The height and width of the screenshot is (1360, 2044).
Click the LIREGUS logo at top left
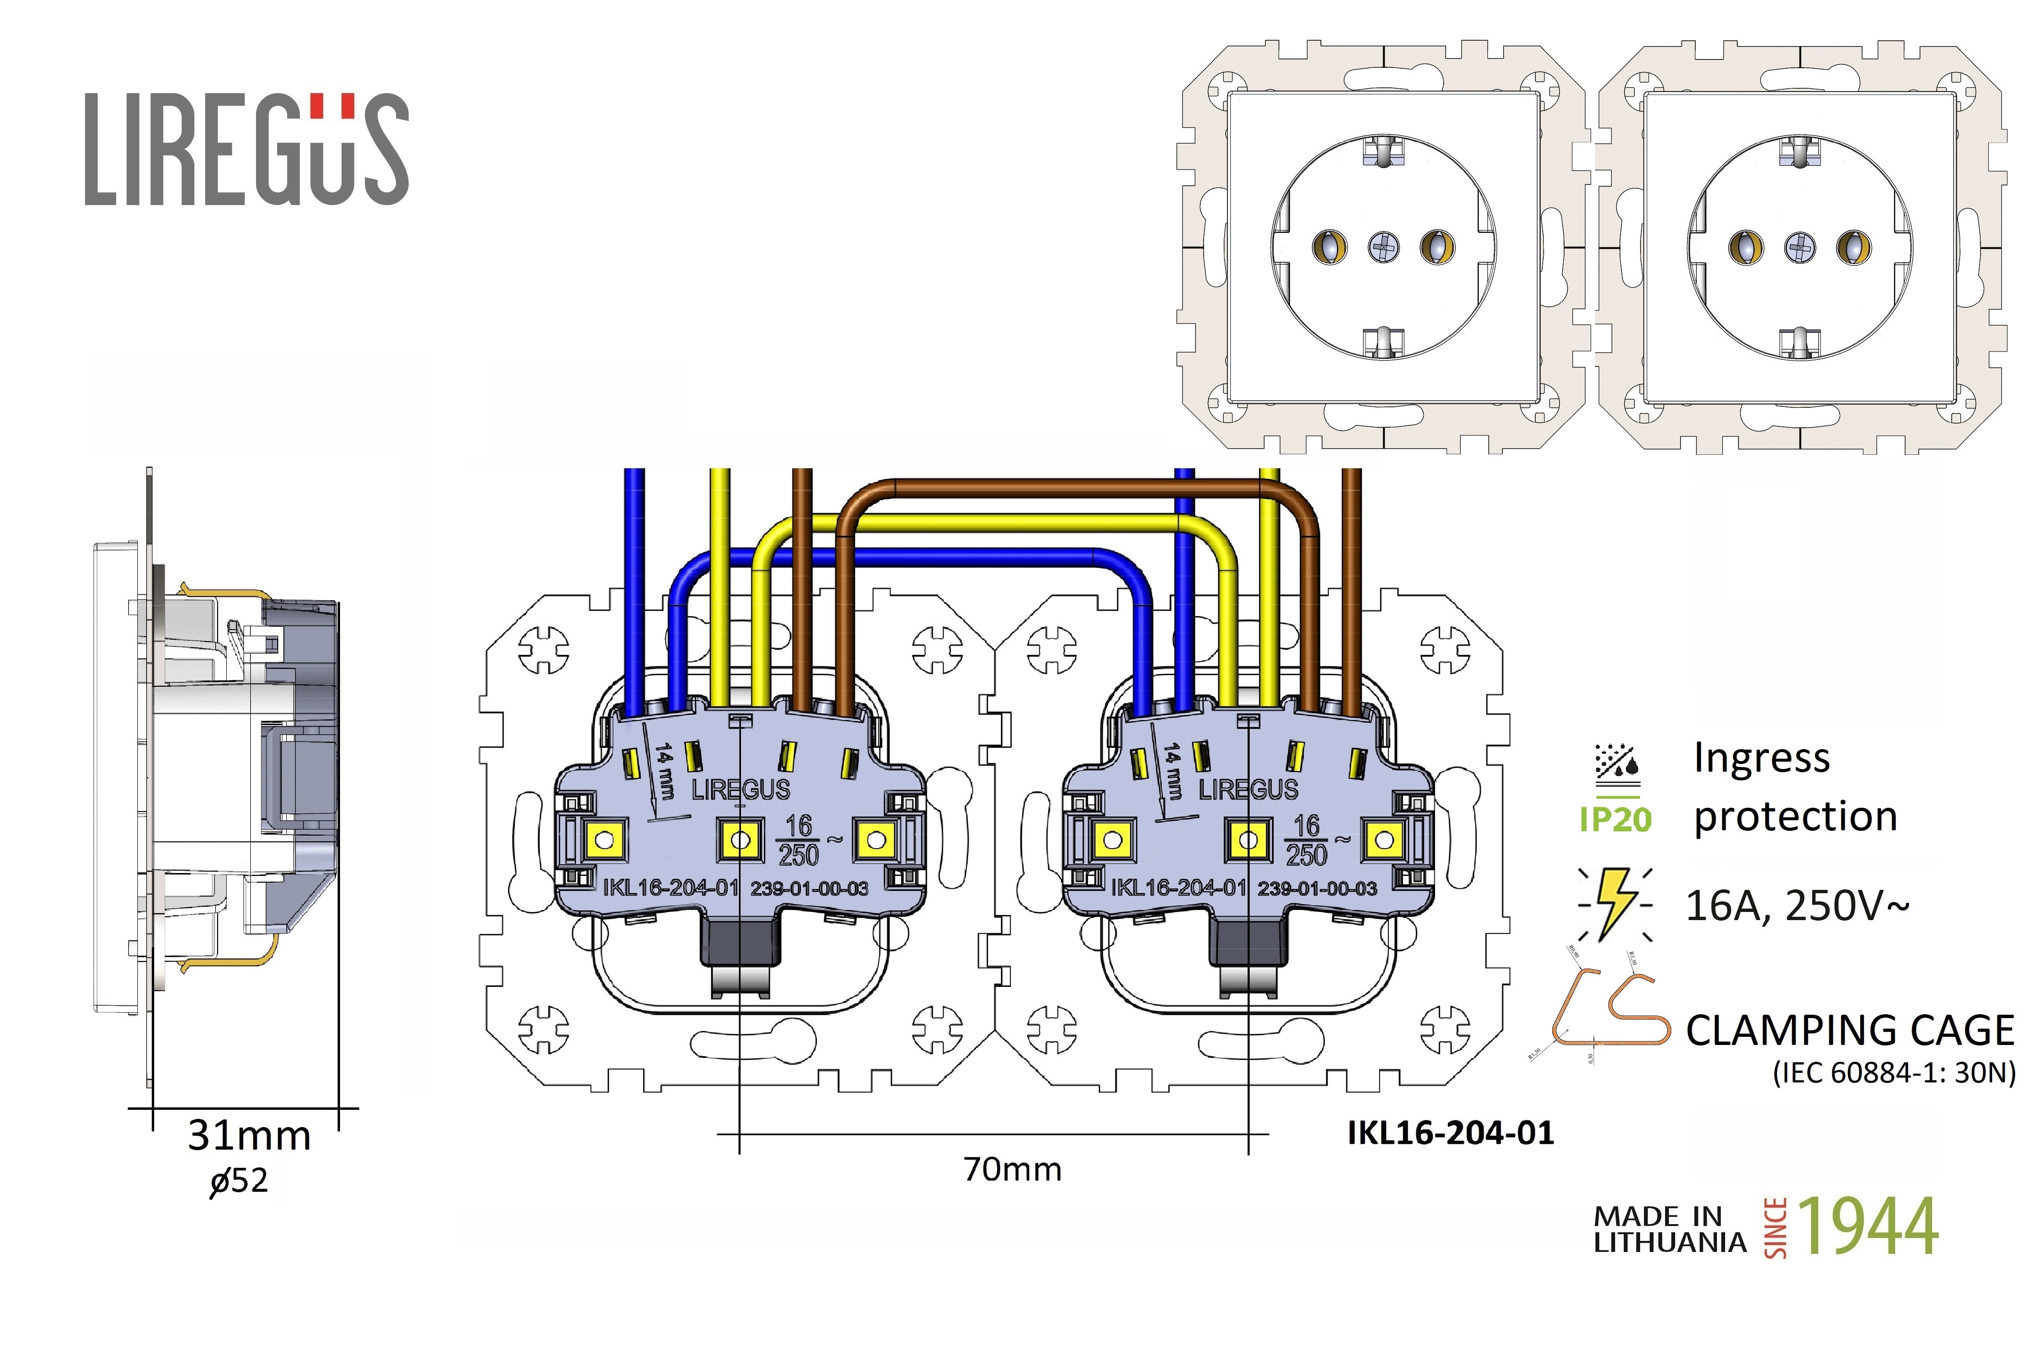(246, 149)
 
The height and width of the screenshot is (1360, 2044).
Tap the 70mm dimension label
(1012, 1169)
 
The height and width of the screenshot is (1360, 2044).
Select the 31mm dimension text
(249, 1135)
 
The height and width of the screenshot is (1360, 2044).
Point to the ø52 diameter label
(239, 1180)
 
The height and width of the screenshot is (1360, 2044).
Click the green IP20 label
(1615, 819)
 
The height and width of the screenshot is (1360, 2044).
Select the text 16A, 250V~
(1797, 906)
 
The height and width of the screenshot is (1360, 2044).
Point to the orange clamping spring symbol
(1609, 1010)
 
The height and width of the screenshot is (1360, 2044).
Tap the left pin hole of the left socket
(1329, 247)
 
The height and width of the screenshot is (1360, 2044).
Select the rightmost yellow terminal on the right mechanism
(1384, 839)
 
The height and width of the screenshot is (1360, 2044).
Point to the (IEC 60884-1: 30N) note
(1894, 1073)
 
